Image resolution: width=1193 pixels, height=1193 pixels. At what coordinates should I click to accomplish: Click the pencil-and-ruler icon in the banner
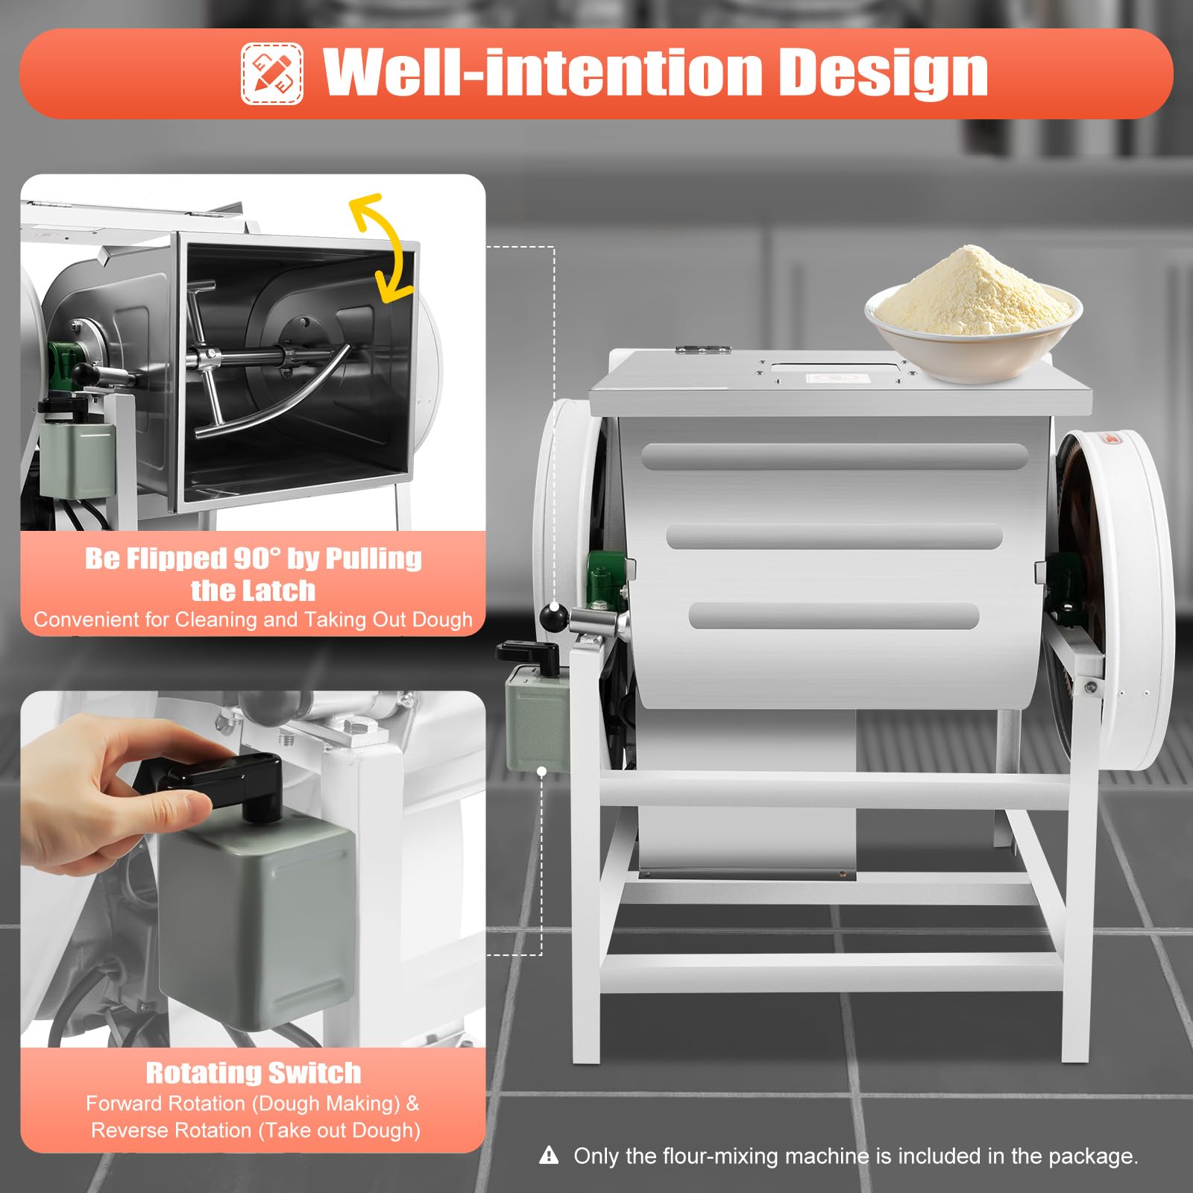pos(272,74)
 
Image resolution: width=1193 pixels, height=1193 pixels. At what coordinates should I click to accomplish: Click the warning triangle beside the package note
pos(549,1156)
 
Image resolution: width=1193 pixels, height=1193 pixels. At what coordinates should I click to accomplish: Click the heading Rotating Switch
pos(254,1073)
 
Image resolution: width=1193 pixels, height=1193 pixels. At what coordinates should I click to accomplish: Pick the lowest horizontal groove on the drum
pos(834,616)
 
